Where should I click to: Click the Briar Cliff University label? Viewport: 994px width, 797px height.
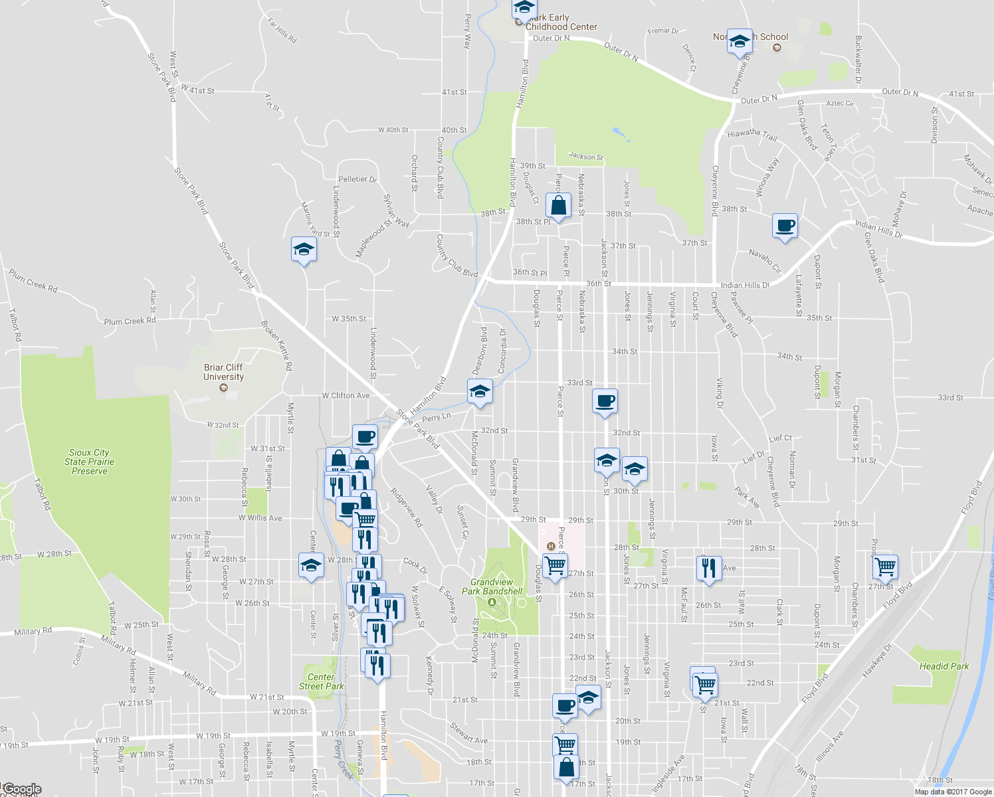click(x=223, y=372)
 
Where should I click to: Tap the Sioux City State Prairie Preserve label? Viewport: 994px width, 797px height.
click(x=89, y=462)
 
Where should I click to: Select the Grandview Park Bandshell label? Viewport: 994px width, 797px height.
click(x=492, y=586)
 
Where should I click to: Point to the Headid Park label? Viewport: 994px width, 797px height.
click(x=944, y=666)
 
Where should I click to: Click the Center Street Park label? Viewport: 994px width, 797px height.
click(x=322, y=681)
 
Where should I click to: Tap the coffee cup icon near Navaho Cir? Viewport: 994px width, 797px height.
click(x=785, y=226)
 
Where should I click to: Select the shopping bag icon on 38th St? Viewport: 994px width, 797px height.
click(x=559, y=206)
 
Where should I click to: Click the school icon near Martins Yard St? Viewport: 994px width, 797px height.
click(x=304, y=250)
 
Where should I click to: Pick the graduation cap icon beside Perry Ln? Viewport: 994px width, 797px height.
click(x=479, y=392)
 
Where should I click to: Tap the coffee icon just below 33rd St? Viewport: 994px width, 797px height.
click(x=605, y=401)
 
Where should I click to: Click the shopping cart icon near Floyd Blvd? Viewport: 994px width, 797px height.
click(x=885, y=567)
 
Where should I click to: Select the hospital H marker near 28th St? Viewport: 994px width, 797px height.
click(x=550, y=547)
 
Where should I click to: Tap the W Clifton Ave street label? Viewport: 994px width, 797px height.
click(x=346, y=396)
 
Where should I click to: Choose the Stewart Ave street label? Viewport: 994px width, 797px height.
click(x=468, y=733)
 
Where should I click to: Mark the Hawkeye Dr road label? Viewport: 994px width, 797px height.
click(x=877, y=660)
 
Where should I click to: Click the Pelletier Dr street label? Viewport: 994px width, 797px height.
click(x=357, y=179)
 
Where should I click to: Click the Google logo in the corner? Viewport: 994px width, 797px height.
click(x=21, y=790)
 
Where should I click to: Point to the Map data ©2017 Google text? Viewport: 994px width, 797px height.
click(x=953, y=792)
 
